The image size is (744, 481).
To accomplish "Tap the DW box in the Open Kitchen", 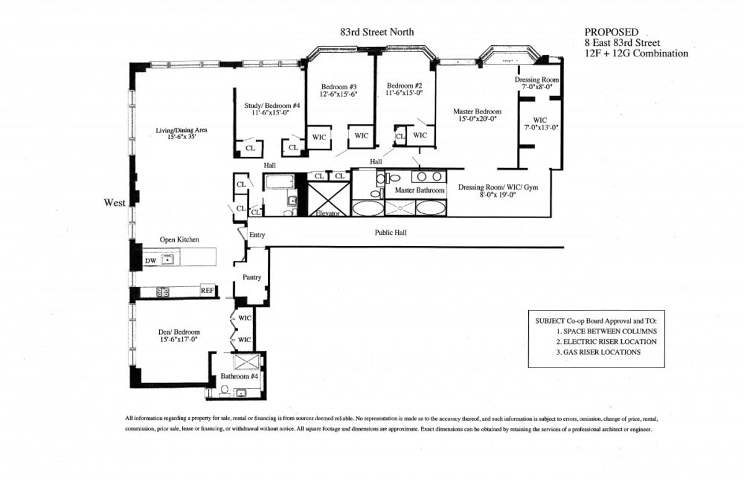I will pyautogui.click(x=151, y=261).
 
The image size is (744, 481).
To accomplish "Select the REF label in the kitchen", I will pyautogui.click(x=208, y=290).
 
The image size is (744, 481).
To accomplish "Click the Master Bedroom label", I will pyautogui.click(x=477, y=112).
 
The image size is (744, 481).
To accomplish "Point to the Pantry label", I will pyautogui.click(x=252, y=277).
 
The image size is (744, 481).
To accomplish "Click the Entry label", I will pyautogui.click(x=257, y=235).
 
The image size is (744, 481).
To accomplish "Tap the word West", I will pyautogui.click(x=115, y=203).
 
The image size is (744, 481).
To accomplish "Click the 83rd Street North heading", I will pyautogui.click(x=376, y=32).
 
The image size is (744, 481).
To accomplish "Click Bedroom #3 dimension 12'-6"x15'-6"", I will pyautogui.click(x=339, y=94).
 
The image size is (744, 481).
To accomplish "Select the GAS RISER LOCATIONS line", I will pyautogui.click(x=598, y=352).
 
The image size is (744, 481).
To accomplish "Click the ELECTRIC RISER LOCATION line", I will pyautogui.click(x=606, y=342).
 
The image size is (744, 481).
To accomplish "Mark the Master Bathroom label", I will pyautogui.click(x=420, y=190).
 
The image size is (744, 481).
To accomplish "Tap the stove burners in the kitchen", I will pyautogui.click(x=163, y=291).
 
